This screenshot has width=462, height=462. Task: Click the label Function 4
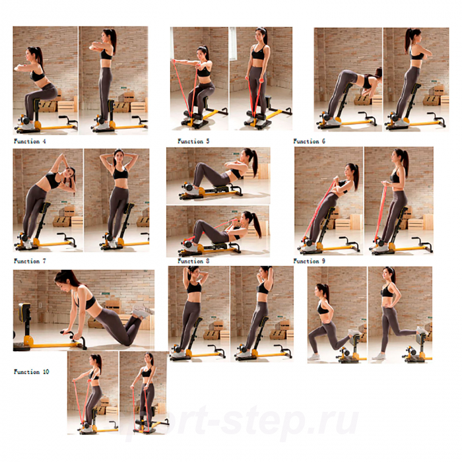click(30, 141)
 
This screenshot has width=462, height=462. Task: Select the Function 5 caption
click(193, 141)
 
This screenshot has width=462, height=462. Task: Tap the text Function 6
click(310, 141)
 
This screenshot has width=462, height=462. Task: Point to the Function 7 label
click(30, 261)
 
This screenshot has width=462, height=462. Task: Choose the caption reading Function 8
click(193, 261)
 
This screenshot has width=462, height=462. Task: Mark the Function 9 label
click(310, 261)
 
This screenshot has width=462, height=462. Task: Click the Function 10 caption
click(31, 372)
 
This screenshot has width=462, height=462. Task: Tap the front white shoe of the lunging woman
click(313, 357)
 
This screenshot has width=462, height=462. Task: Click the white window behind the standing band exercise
click(234, 44)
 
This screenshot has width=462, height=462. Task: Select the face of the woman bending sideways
click(69, 174)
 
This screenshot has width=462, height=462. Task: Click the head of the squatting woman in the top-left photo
click(34, 53)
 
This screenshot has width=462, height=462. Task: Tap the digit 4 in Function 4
click(44, 141)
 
